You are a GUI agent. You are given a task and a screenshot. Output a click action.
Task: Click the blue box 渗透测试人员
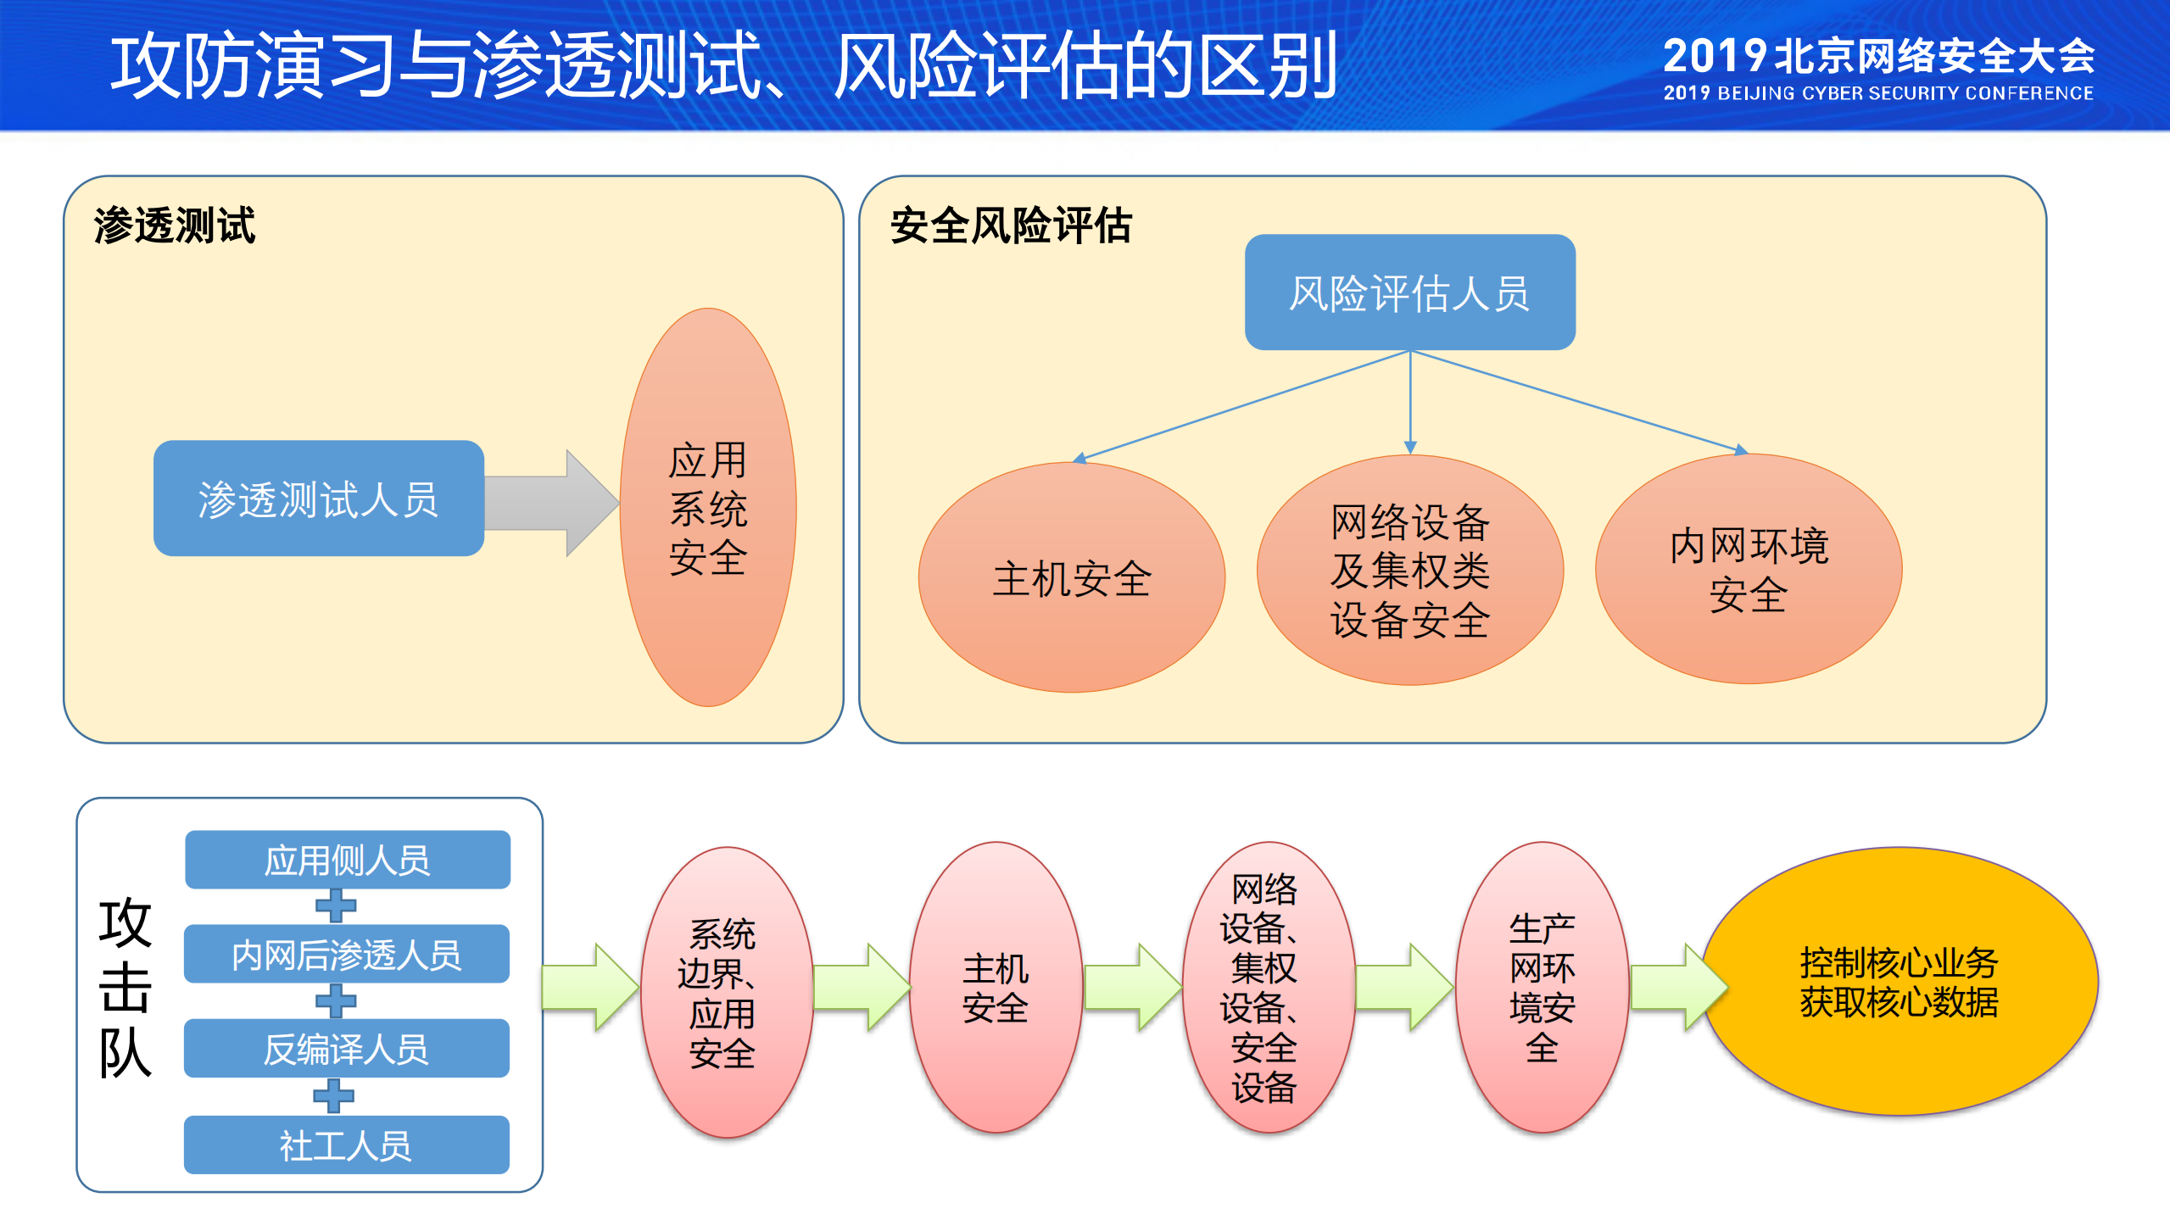[x=318, y=499]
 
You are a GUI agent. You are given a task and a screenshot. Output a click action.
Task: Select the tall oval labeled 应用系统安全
[x=708, y=507]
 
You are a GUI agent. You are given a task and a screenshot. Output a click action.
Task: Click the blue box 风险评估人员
[x=1409, y=292]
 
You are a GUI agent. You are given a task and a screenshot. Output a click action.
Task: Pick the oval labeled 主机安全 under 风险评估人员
[x=1071, y=577]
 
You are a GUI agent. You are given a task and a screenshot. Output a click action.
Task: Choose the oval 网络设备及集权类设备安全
[x=1409, y=570]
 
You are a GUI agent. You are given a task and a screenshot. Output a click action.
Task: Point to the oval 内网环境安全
[x=1749, y=569]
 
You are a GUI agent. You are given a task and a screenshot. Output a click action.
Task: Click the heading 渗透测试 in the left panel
[x=175, y=226]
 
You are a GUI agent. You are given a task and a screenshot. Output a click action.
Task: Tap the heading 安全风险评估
[x=1011, y=226]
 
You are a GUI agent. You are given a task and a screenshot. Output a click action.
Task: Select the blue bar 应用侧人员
[x=348, y=860]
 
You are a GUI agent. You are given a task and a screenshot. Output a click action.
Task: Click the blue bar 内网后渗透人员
[x=347, y=955]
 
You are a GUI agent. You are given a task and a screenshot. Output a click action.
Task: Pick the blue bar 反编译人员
[x=347, y=1049]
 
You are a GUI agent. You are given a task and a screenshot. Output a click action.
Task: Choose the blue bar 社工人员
[x=347, y=1145]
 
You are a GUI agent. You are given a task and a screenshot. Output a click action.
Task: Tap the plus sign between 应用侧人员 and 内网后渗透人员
[x=336, y=906]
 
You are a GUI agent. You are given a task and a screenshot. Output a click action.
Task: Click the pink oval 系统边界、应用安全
[x=725, y=992]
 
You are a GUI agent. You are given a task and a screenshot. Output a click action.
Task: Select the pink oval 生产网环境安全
[x=1542, y=988]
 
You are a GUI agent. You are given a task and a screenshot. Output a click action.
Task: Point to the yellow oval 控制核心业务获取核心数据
[x=1899, y=982]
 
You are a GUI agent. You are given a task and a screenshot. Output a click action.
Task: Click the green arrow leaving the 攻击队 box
[x=589, y=987]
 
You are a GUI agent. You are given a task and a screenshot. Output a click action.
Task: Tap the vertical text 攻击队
[x=125, y=988]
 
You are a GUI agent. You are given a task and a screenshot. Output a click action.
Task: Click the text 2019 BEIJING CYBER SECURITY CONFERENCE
[x=1878, y=93]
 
